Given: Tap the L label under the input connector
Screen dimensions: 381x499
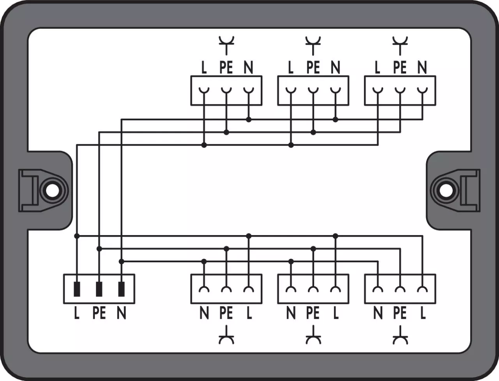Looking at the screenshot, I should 77,313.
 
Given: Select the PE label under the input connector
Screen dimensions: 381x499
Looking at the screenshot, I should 99,313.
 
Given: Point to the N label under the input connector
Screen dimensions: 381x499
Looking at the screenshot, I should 121,313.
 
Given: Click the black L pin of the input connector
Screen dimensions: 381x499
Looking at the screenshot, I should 77,289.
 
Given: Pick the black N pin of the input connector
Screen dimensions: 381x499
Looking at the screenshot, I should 121,289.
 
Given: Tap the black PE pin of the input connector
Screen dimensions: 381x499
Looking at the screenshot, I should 99,289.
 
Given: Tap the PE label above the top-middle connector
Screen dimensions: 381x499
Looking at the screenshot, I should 313,68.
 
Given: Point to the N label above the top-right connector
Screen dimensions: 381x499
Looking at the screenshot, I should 422,68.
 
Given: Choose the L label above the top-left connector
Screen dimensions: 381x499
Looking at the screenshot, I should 204,68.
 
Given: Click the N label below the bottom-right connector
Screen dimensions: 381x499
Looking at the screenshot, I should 377,313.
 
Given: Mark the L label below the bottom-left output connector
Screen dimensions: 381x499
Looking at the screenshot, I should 249,313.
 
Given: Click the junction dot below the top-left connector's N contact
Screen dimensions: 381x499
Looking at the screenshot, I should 249,119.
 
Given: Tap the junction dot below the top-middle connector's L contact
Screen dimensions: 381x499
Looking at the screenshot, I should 291,145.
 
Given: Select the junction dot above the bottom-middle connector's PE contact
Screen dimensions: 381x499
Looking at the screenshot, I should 313,249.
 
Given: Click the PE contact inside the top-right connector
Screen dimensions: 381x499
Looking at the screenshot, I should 400,91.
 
